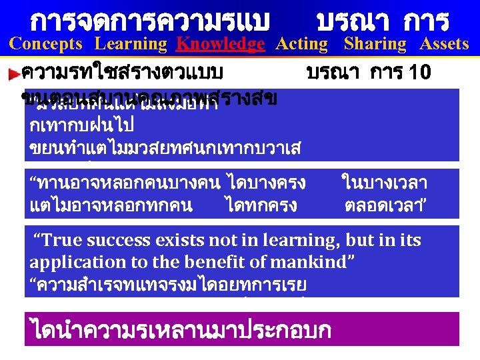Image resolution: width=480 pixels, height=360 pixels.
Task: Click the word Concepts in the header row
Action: point(46,44)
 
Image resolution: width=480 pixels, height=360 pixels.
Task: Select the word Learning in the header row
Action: point(131,44)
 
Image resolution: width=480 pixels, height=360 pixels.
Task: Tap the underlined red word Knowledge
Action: point(220,44)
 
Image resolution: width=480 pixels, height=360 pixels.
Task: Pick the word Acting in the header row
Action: point(302,44)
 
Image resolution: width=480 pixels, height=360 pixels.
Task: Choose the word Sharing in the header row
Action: point(375,44)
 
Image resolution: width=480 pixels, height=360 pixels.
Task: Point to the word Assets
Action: point(444,44)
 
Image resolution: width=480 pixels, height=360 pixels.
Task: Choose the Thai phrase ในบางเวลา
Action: point(384,181)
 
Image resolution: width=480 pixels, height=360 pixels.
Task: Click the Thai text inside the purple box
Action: point(180,330)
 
